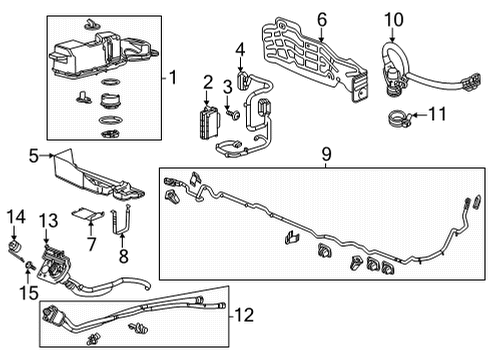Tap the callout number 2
[x=207, y=82]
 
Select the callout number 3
[x=227, y=88]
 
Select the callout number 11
[x=436, y=115]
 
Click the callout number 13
[x=48, y=220]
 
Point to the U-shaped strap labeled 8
[x=126, y=220]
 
